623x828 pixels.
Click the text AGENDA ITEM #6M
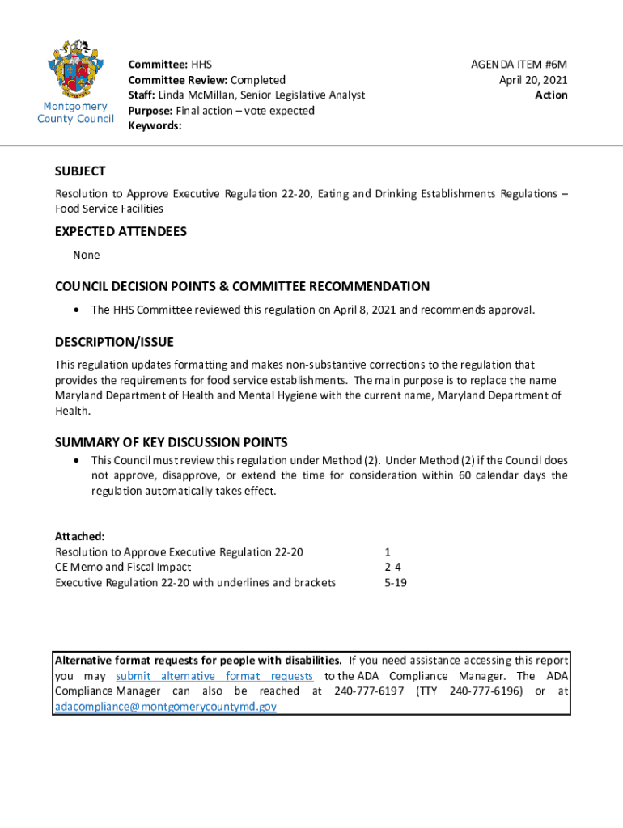pos(519,64)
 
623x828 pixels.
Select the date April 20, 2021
pos(533,79)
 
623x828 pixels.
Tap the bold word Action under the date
pos(551,95)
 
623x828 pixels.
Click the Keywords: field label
pos(155,126)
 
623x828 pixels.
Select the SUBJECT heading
pos(80,171)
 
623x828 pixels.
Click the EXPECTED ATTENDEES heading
pos(121,232)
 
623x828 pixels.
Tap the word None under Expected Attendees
pos(87,255)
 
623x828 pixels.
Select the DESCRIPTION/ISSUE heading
pos(114,342)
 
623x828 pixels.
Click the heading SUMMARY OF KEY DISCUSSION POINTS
pos(171,442)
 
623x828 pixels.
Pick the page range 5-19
pos(396,582)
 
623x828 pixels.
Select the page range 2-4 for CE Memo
pos(393,567)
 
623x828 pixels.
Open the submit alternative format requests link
pos(214,676)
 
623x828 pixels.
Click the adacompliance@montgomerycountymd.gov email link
pos(165,706)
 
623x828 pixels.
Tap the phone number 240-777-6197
pos(369,691)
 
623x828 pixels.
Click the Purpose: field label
pos(151,111)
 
